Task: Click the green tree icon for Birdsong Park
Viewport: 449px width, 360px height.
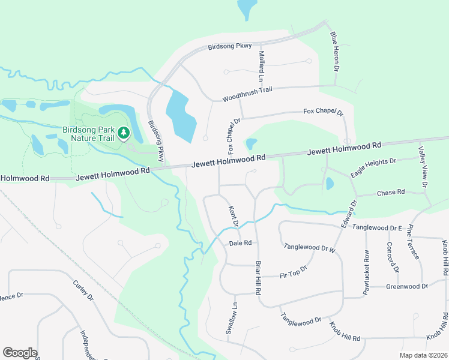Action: click(x=123, y=132)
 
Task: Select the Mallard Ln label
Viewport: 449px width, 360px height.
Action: click(x=261, y=66)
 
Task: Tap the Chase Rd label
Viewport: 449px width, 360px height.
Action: click(x=391, y=193)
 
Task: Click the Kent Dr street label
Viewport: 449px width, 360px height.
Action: click(x=234, y=216)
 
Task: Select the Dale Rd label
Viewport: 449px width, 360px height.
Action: click(x=240, y=243)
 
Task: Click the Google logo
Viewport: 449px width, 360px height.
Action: click(x=20, y=353)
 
